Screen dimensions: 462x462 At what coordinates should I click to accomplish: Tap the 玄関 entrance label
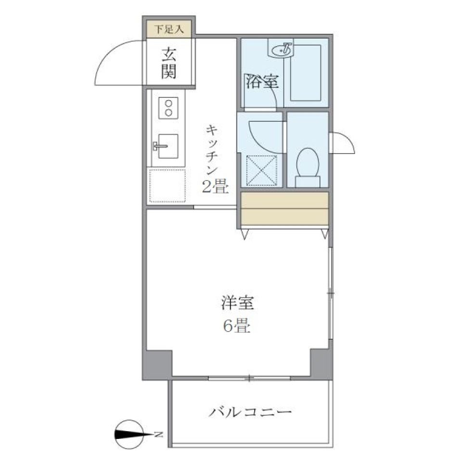[x=168, y=63]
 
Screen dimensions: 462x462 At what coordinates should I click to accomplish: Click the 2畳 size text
[x=214, y=186]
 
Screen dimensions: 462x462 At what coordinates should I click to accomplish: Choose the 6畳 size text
[x=236, y=327]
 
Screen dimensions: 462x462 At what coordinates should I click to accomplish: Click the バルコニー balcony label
[x=250, y=412]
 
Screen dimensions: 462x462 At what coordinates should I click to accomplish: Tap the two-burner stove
[x=168, y=108]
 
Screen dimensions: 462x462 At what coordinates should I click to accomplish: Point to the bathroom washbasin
[x=281, y=49]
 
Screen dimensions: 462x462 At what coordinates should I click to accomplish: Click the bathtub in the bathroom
[x=306, y=72]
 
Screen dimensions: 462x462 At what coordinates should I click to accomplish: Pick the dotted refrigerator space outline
[x=167, y=186]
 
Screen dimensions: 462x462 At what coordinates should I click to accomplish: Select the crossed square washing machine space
[x=262, y=170]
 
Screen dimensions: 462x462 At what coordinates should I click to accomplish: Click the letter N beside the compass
[x=158, y=435]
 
